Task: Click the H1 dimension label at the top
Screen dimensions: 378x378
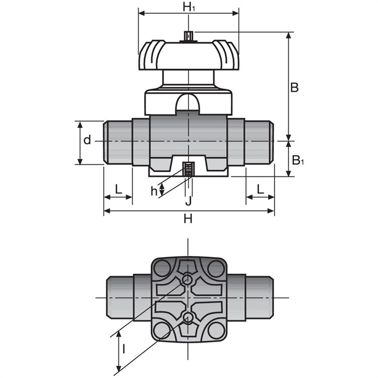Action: click(x=189, y=7)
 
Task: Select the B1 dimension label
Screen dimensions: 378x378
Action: click(x=298, y=160)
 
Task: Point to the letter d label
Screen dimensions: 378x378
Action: click(x=87, y=140)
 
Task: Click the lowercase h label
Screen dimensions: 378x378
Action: click(x=154, y=191)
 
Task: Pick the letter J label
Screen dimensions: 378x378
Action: click(x=188, y=201)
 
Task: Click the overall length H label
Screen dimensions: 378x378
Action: click(x=188, y=219)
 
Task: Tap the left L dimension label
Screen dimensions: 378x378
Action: click(x=118, y=189)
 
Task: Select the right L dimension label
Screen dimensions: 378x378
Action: click(x=260, y=189)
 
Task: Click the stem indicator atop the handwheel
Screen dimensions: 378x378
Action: click(x=188, y=36)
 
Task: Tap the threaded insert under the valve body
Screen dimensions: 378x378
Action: click(x=189, y=169)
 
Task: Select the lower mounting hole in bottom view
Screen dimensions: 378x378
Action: click(x=187, y=317)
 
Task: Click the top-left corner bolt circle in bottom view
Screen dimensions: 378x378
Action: click(x=162, y=269)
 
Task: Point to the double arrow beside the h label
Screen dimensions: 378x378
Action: click(x=162, y=189)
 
